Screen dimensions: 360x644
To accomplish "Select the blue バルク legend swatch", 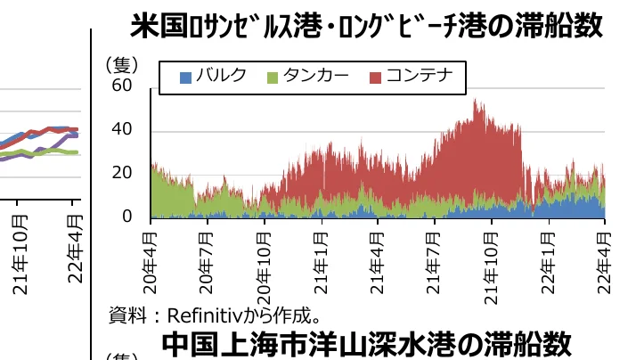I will [185, 77].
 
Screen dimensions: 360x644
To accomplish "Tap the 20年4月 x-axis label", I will [151, 258].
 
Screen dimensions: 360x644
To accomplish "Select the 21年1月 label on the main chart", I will [322, 258].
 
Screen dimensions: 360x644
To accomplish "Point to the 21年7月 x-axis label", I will [436, 258].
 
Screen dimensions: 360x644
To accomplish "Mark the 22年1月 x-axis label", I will [550, 258].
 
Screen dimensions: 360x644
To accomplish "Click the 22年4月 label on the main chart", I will [607, 258].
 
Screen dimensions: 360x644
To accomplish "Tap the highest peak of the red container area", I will [477, 101].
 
